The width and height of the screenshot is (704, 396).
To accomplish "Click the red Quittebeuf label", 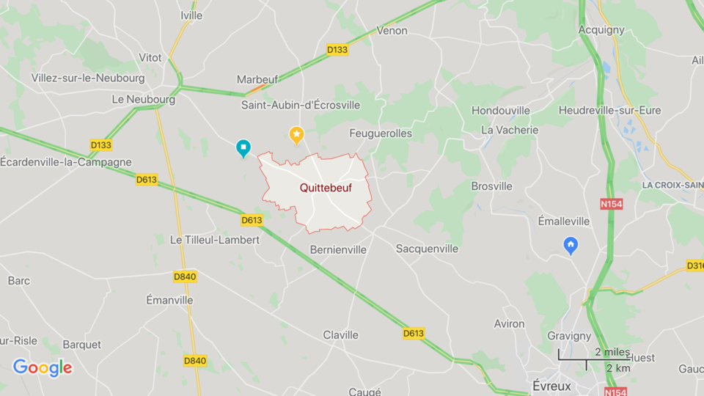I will click(x=326, y=188).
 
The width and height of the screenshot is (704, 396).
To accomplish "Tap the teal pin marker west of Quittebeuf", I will click(x=243, y=148).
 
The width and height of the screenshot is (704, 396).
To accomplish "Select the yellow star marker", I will click(x=296, y=134).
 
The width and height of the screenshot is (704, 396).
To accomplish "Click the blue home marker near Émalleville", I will click(x=571, y=245).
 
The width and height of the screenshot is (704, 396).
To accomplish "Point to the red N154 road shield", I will click(x=611, y=204).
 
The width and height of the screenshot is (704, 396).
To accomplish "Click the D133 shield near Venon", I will click(x=337, y=50).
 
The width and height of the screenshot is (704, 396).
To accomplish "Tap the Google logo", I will click(x=43, y=367).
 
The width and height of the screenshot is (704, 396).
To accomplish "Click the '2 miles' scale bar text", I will click(x=612, y=352).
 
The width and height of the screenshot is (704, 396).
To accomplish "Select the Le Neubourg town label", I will click(x=144, y=99).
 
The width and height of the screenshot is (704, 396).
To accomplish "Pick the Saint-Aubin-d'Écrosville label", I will click(x=301, y=105).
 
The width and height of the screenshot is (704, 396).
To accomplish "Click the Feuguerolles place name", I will click(x=381, y=133).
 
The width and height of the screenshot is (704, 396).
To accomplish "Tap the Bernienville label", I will click(x=338, y=249).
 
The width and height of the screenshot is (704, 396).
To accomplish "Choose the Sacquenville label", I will click(x=427, y=249).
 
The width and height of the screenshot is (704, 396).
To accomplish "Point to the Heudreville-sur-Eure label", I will click(x=609, y=110).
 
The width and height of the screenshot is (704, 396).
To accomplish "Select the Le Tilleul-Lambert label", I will click(x=214, y=240).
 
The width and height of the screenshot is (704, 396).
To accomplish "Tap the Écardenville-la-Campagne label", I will click(x=66, y=162).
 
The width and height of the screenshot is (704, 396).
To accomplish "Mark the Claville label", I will click(x=341, y=334).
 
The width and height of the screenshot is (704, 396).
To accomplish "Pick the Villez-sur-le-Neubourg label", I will click(x=88, y=78).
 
